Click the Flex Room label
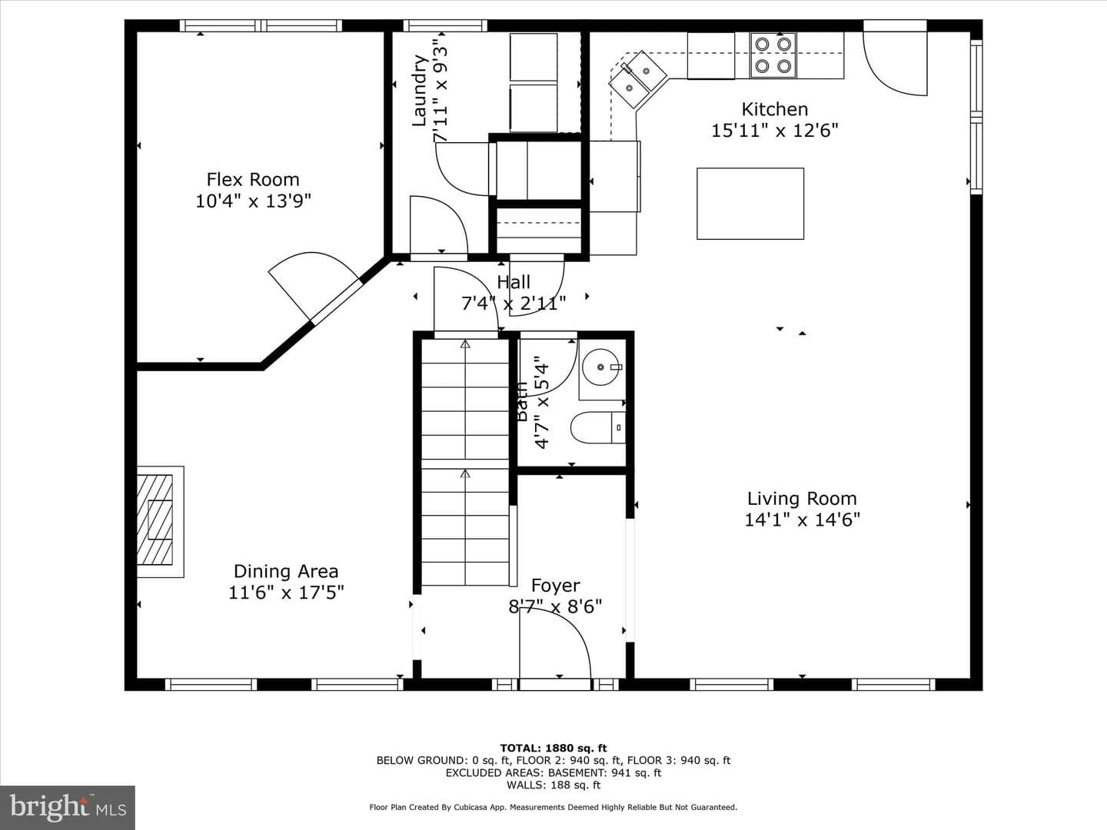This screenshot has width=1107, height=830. tap(253, 179)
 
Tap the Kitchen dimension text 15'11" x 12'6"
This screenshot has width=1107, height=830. tap(775, 131)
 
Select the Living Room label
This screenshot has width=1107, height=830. tap(802, 499)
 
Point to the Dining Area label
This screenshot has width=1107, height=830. tap(286, 571)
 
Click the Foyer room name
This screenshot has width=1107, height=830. tap(555, 585)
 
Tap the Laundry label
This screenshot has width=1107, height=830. tap(420, 91)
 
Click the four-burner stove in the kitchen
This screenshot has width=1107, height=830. tap(773, 55)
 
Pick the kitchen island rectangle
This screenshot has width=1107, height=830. tap(750, 204)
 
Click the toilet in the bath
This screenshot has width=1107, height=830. tap(598, 427)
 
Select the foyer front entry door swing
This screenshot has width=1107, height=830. tap(555, 643)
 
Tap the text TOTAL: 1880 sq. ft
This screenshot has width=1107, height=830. tap(553, 748)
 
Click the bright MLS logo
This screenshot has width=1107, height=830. tap(68, 808)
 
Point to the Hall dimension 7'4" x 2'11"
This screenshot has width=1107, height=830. tap(514, 304)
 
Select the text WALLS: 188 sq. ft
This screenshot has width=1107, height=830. tap(553, 785)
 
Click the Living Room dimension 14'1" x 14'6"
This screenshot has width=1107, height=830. tap(802, 519)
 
